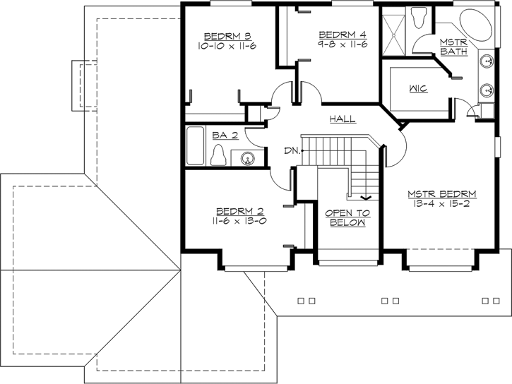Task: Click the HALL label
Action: (343, 120)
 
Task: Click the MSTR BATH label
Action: (452, 47)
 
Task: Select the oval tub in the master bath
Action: (474, 27)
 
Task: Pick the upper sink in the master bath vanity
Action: (487, 62)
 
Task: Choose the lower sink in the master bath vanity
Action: (487, 90)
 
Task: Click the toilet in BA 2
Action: (220, 154)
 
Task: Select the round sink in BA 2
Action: (247, 157)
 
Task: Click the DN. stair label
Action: (292, 150)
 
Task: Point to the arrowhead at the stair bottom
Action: (366, 197)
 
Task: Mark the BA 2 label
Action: (226, 134)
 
